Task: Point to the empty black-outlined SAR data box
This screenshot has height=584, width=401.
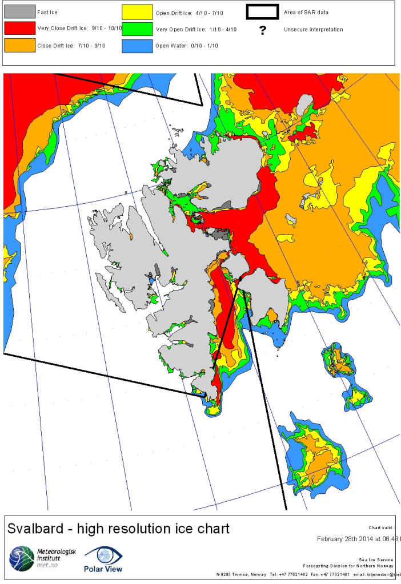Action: point(261,11)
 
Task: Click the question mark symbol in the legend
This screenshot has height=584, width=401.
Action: point(263,30)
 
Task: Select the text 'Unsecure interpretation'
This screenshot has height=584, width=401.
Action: point(313,29)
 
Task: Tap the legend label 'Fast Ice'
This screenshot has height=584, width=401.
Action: point(48,12)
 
